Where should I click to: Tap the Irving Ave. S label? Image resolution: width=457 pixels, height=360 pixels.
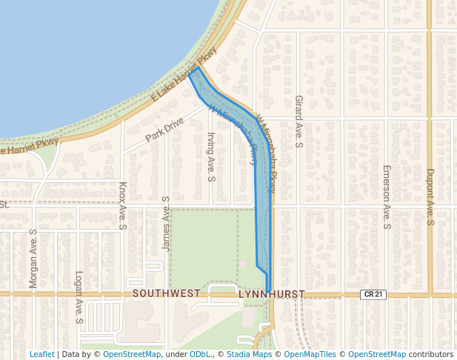coord(211,157)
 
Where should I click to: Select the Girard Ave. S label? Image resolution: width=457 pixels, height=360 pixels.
coord(298,121)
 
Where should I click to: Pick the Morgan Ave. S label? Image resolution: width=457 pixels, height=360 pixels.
coord(33,259)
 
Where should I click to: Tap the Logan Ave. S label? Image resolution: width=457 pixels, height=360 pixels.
coord(78,298)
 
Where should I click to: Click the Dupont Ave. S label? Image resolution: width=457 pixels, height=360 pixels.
coord(430,196)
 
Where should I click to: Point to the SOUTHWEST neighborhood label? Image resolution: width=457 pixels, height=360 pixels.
coord(166,294)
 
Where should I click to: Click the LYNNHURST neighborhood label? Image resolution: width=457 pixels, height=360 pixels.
coord(271,295)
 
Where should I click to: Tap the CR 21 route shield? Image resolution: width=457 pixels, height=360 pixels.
coord(372,295)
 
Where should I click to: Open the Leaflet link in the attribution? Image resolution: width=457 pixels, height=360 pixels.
coord(41,354)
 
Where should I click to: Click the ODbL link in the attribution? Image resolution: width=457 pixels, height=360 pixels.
coord(200,354)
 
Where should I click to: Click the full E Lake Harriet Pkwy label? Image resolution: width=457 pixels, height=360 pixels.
coord(183,74)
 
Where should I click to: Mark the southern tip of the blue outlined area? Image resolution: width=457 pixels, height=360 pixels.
coord(268,292)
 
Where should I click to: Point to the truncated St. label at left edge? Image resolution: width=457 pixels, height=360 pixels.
coord(4,204)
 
